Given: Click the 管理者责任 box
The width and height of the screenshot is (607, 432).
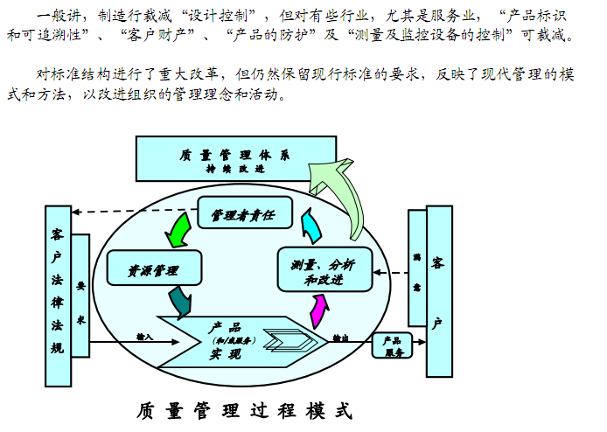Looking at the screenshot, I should point(241,213).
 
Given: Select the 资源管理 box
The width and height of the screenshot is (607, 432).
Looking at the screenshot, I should point(153,269).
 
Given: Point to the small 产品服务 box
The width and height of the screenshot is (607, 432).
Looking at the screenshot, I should point(393,346).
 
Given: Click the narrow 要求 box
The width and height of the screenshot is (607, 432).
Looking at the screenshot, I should point(80,296).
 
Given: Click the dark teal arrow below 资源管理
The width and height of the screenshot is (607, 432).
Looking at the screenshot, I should point(181,302).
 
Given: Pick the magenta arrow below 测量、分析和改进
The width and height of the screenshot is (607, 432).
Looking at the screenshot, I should point(319,310).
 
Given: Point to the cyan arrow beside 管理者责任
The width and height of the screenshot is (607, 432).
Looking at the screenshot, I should point(310,226).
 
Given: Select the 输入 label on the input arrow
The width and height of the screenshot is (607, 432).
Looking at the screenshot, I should point(144,336).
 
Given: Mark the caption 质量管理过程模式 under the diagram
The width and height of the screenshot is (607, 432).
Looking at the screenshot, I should point(245,409).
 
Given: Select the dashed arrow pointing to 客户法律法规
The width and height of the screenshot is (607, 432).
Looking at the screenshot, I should point(131,211).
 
